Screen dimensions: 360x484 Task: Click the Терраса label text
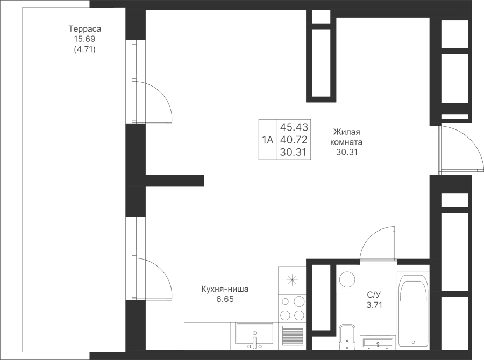coord(85,29)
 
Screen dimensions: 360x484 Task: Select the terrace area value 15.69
coord(85,39)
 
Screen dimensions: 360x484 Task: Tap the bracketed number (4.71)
coord(85,49)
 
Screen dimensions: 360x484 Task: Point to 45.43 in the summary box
coord(293,127)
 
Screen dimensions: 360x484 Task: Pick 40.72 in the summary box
coord(293,140)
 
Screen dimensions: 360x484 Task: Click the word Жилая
coord(346,132)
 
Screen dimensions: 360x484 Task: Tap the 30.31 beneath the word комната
coord(346,152)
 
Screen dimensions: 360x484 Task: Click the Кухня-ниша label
coord(225,289)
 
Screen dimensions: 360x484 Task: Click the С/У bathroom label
coord(374,294)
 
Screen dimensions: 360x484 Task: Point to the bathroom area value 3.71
coord(374,305)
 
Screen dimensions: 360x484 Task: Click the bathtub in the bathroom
coord(413,309)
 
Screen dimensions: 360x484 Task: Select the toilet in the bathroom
coord(347,336)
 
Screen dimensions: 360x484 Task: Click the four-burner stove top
coord(292,309)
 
